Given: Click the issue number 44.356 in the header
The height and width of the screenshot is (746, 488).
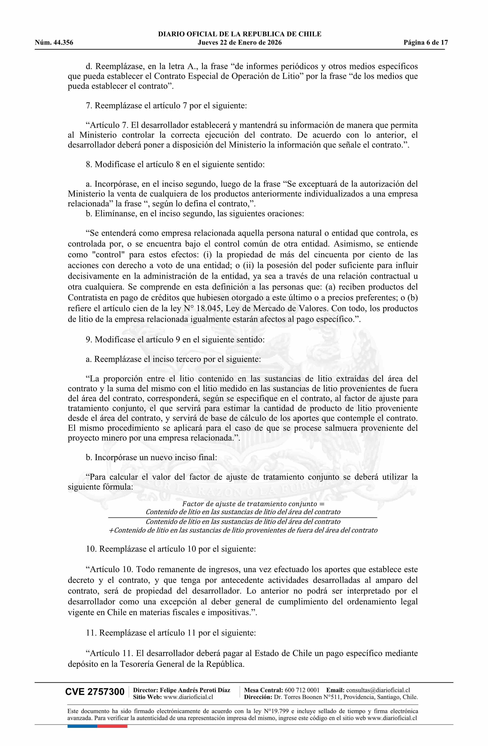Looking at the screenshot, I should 63,43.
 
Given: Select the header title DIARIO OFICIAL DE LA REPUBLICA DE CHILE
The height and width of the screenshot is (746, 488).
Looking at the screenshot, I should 240,34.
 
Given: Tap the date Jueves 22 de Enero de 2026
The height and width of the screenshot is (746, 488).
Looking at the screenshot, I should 240,43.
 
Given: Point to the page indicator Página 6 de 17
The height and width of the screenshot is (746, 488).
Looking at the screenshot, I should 426,43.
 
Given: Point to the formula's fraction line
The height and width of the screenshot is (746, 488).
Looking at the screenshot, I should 242,517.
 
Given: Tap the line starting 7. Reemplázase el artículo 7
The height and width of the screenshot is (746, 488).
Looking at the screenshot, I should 166,106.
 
